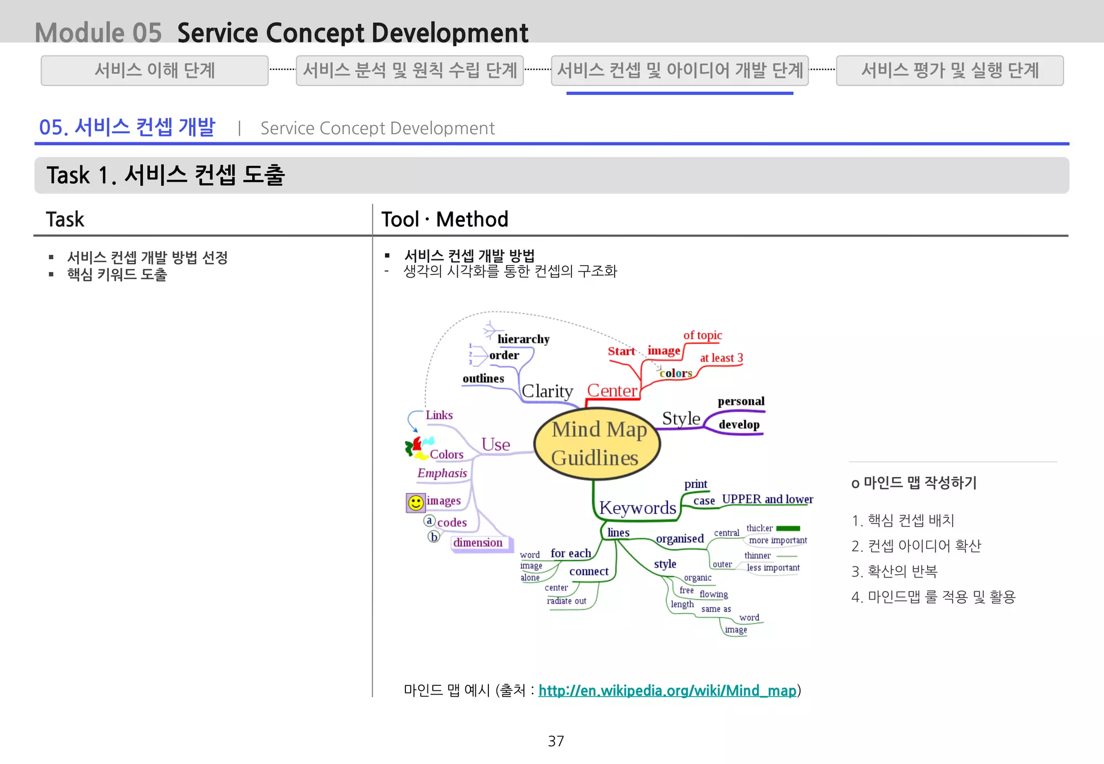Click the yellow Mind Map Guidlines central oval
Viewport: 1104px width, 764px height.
pyautogui.click(x=597, y=443)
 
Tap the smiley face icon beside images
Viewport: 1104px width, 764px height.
pyautogui.click(x=415, y=503)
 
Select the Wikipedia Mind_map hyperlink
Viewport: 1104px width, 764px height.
pyautogui.click(x=667, y=690)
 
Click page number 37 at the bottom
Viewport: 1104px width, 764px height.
pyautogui.click(x=556, y=741)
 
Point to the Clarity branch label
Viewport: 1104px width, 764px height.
pyautogui.click(x=547, y=391)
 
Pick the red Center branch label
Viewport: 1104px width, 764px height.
pyautogui.click(x=612, y=390)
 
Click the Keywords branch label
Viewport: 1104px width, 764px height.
pyautogui.click(x=637, y=508)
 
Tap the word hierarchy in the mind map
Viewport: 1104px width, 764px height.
pyautogui.click(x=523, y=339)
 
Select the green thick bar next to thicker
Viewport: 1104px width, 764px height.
pyautogui.click(x=788, y=528)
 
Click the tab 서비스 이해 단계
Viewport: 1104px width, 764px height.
pyautogui.click(x=155, y=71)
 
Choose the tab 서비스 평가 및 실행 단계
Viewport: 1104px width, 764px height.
pyautogui.click(x=949, y=71)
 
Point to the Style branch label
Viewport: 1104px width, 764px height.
pyautogui.click(x=681, y=418)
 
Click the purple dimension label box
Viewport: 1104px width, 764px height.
pyautogui.click(x=478, y=543)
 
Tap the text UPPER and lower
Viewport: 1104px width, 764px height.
pyautogui.click(x=767, y=499)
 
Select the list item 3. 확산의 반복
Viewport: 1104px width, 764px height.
pyautogui.click(x=894, y=571)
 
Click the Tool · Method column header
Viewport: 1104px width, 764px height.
pyautogui.click(x=445, y=219)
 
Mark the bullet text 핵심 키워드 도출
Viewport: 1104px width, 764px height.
pyautogui.click(x=117, y=275)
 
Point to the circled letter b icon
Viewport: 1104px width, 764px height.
pyautogui.click(x=434, y=537)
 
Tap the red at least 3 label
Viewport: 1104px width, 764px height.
pyautogui.click(x=721, y=358)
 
